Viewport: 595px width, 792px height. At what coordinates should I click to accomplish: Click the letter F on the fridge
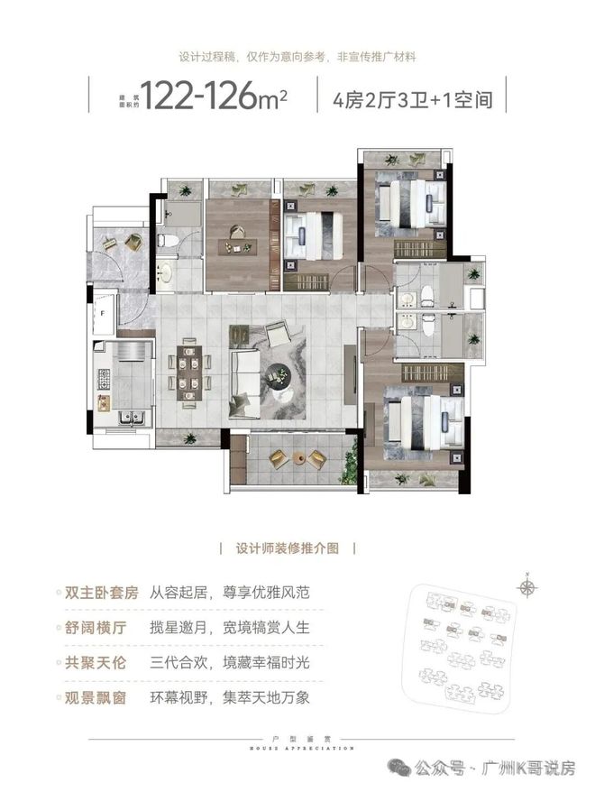[104, 313]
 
